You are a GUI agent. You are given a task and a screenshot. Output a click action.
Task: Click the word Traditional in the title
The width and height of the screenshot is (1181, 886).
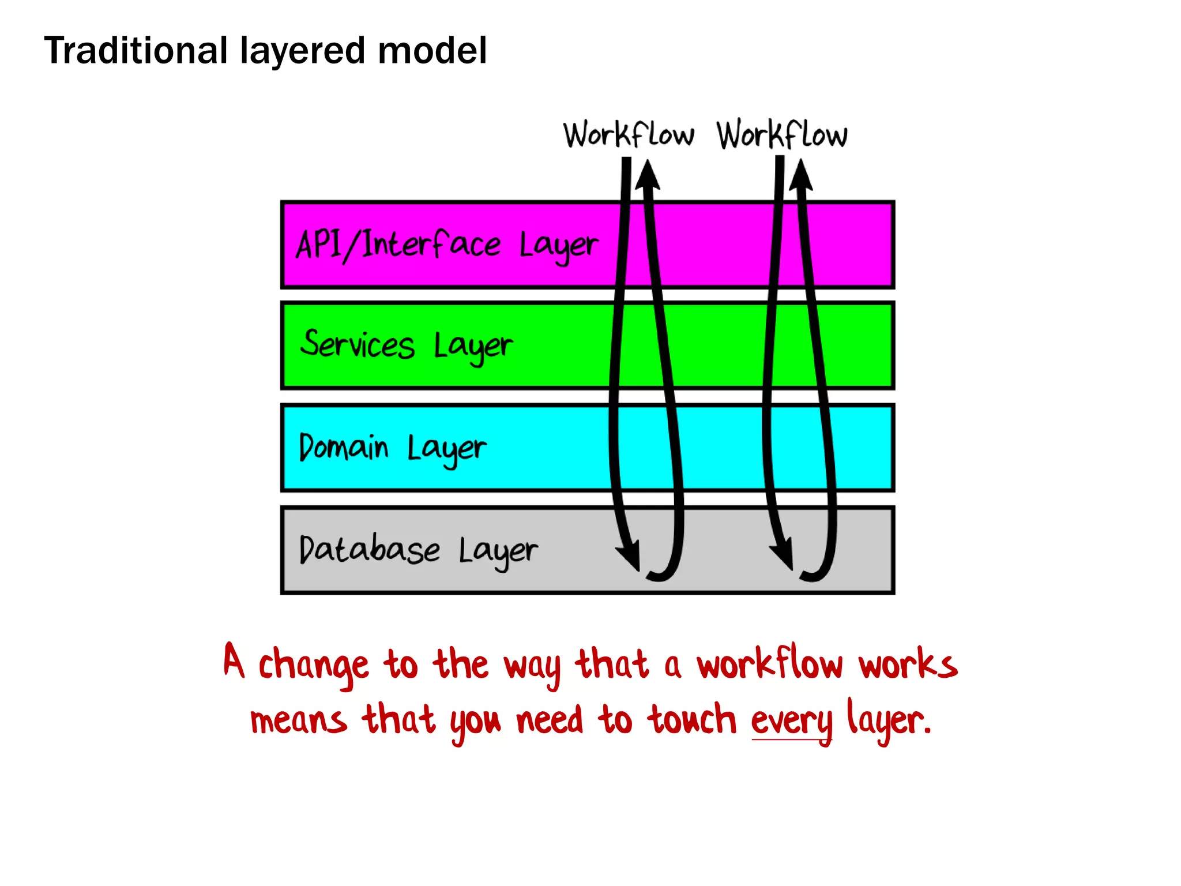136,51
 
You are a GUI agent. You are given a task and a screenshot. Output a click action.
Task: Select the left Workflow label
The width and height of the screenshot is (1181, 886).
629,136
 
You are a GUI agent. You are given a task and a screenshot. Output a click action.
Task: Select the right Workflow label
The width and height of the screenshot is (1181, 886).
782,136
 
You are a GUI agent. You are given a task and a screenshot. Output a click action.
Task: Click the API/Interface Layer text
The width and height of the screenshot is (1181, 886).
447,245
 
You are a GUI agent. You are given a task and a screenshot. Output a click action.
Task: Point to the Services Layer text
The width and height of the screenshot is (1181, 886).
406,346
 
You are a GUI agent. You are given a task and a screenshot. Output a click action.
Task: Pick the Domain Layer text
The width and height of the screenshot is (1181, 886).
392,448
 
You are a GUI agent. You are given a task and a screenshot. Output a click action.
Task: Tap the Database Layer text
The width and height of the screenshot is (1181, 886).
418,550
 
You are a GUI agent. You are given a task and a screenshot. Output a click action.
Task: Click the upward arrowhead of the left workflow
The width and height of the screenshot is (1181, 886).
648,175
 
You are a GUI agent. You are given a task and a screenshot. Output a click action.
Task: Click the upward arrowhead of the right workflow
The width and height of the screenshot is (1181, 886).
800,175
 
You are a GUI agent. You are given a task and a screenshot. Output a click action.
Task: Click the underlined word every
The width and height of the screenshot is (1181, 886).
791,721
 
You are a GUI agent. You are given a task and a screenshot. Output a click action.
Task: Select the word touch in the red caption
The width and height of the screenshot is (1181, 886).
691,720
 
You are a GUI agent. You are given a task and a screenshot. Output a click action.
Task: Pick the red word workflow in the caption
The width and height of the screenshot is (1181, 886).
769,663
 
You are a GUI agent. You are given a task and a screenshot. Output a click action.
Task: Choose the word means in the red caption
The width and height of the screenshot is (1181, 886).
298,721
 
